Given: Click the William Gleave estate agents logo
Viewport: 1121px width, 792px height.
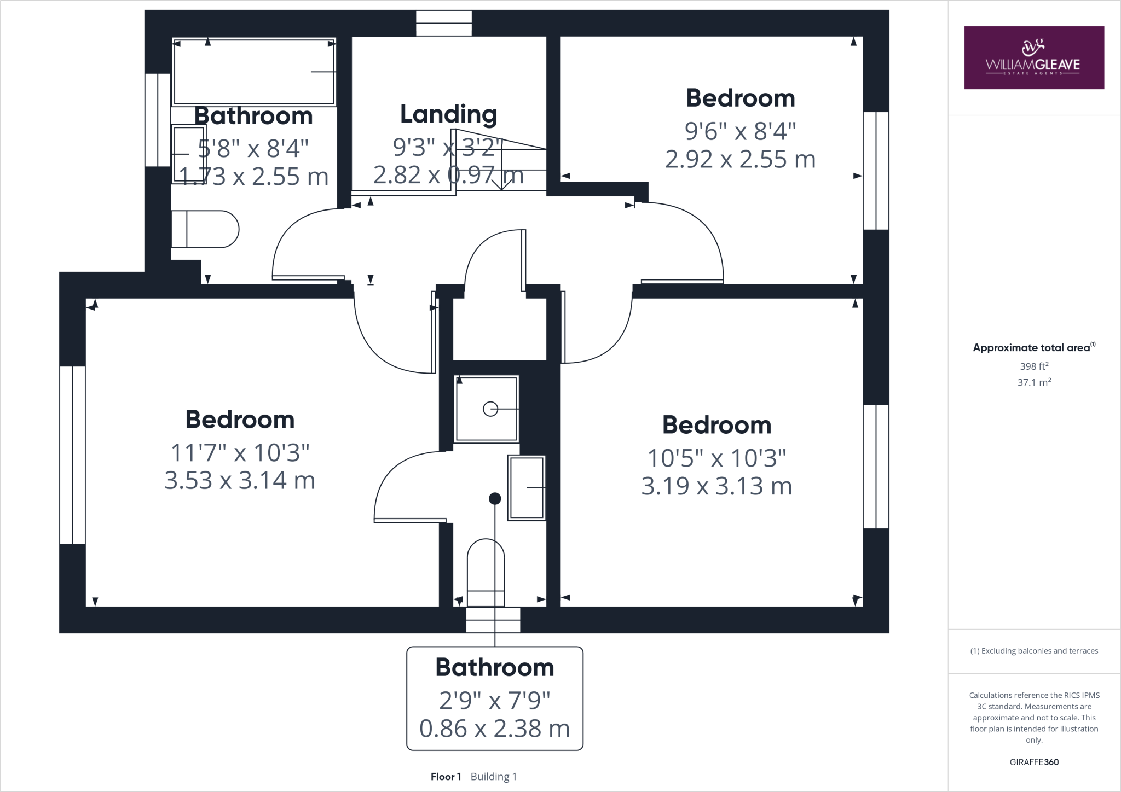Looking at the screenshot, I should pyautogui.click(x=1033, y=57).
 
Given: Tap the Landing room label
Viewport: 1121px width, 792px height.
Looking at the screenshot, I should pyautogui.click(x=448, y=114).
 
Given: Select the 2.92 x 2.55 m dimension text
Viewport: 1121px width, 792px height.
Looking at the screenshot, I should pyautogui.click(x=740, y=160).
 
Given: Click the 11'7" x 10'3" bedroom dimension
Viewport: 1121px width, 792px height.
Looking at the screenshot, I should pyautogui.click(x=240, y=453).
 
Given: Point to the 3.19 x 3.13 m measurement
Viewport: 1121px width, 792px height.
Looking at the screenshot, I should pyautogui.click(x=716, y=486).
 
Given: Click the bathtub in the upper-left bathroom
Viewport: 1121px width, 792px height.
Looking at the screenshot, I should pyautogui.click(x=253, y=71).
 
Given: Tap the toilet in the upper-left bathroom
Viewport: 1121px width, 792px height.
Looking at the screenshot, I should pyautogui.click(x=205, y=229).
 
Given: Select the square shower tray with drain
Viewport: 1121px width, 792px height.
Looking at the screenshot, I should pyautogui.click(x=487, y=408).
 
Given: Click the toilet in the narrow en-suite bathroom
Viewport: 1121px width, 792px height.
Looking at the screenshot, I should pyautogui.click(x=486, y=572).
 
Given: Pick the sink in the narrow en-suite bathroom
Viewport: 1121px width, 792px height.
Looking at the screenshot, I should pyautogui.click(x=527, y=487).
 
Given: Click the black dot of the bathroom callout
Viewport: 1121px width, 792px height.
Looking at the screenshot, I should pyautogui.click(x=495, y=498).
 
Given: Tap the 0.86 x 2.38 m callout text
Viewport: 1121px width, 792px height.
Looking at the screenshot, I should pyautogui.click(x=494, y=729).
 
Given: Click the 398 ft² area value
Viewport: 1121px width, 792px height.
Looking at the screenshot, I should pyautogui.click(x=1034, y=366).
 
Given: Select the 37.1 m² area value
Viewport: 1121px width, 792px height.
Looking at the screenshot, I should pyautogui.click(x=1034, y=382).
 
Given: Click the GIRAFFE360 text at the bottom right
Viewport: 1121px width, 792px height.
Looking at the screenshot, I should pyautogui.click(x=1034, y=762).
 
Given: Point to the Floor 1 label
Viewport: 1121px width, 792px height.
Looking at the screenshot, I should pyautogui.click(x=446, y=777).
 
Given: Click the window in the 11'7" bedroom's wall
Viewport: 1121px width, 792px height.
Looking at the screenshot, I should pyautogui.click(x=72, y=455).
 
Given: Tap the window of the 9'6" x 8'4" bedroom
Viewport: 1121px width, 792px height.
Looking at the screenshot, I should pyautogui.click(x=876, y=171).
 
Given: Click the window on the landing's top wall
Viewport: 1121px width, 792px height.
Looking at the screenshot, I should pyautogui.click(x=444, y=24).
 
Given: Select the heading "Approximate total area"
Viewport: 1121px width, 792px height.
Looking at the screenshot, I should pyautogui.click(x=1032, y=348).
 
